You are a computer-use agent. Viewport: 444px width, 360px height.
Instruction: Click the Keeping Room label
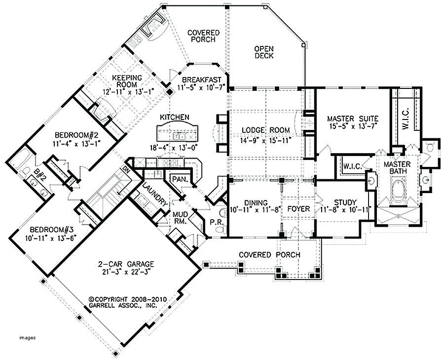(x=127, y=81)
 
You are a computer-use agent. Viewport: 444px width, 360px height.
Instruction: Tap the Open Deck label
(x=264, y=52)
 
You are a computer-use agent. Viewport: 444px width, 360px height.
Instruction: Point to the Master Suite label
(x=353, y=118)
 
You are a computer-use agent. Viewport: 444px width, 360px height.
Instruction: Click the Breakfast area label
(x=201, y=80)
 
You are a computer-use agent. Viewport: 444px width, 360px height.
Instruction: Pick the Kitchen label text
(x=175, y=117)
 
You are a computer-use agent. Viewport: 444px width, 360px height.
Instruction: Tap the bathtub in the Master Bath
(x=398, y=191)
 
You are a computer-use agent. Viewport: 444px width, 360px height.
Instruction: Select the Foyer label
(x=298, y=209)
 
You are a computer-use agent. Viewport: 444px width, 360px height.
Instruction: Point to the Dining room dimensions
(x=254, y=210)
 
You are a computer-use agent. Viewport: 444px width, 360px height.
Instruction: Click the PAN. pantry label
(x=180, y=179)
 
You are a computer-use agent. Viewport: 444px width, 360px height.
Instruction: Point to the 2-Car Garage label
(x=126, y=264)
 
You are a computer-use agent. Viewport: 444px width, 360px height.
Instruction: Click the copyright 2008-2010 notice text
(x=128, y=299)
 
